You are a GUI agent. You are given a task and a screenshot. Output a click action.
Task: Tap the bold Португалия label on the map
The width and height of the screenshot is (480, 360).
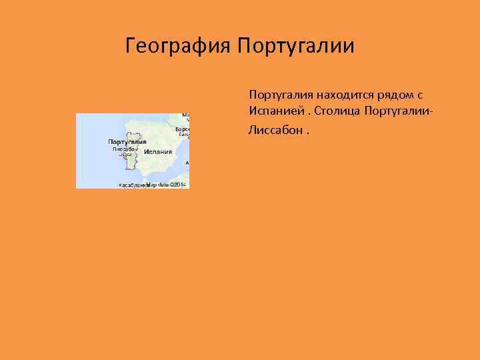point(127,142)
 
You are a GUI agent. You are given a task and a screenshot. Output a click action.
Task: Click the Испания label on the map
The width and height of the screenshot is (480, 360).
point(157,152)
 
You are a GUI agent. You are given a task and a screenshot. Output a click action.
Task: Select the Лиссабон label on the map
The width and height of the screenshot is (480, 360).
point(124,149)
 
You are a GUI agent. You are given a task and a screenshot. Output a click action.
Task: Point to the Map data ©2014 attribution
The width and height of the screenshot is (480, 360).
point(166,184)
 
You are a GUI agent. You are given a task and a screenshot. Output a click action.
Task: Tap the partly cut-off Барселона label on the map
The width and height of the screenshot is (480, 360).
point(183,129)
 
